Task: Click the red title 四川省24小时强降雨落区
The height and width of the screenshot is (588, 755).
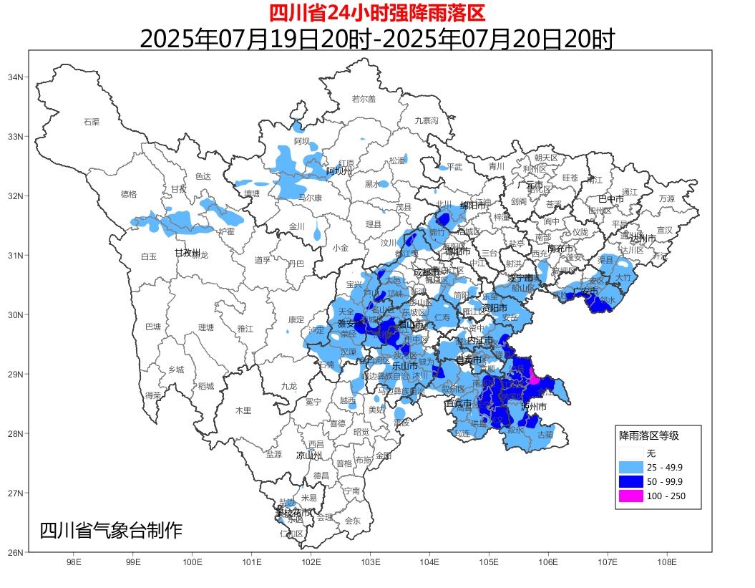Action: tap(377, 12)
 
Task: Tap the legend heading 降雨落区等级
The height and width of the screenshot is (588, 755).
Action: tap(648, 435)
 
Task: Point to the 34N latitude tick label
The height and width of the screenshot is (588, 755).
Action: tap(16, 77)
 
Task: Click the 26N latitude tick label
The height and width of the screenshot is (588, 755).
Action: tap(16, 552)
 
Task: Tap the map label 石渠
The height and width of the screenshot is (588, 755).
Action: tap(92, 122)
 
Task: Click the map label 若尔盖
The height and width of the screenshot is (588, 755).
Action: tap(364, 99)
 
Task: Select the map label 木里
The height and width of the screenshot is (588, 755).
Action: tap(243, 410)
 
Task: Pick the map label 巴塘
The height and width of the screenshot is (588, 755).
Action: tap(153, 327)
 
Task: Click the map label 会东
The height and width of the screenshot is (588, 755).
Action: tap(353, 521)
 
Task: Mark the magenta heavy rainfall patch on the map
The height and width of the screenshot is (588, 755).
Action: tap(533, 376)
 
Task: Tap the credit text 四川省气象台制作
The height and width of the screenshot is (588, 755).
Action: tap(111, 531)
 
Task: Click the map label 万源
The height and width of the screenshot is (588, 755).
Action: tap(666, 198)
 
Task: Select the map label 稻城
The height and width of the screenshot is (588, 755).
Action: tap(205, 386)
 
